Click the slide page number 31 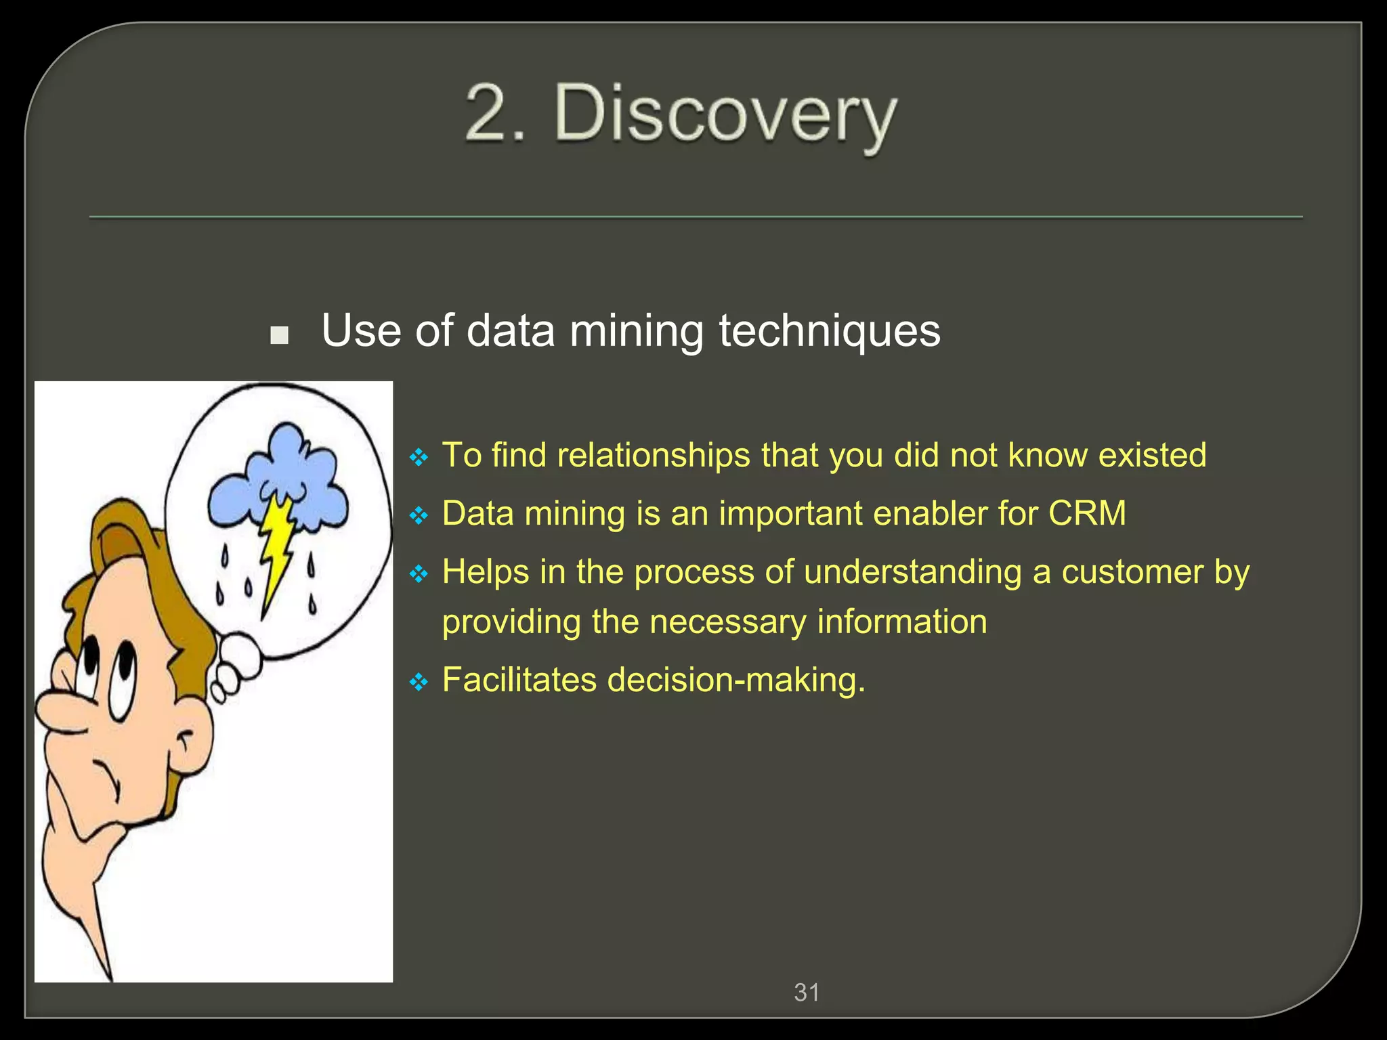(807, 993)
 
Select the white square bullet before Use (279, 335)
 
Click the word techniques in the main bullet (829, 331)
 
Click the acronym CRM (1087, 513)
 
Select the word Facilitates (518, 680)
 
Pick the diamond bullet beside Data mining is (419, 517)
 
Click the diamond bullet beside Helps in (419, 575)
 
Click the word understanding (912, 572)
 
